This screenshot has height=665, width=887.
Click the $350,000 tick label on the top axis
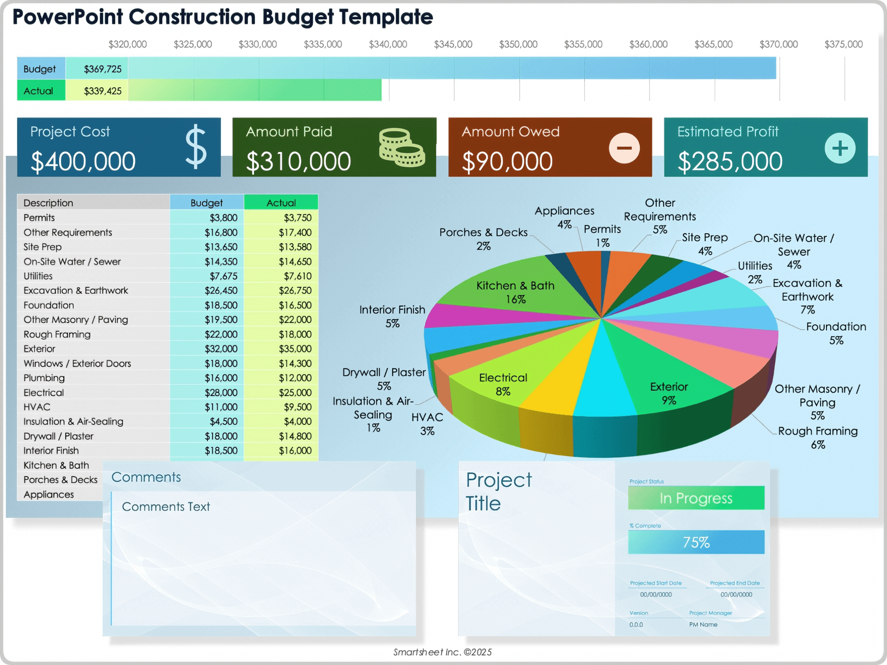point(518,44)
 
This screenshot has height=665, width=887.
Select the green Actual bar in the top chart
point(255,90)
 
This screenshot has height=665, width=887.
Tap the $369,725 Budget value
point(103,69)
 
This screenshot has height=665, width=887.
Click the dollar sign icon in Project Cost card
point(196,146)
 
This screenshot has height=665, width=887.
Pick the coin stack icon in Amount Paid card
point(401,147)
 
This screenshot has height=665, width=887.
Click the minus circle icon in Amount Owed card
point(624,148)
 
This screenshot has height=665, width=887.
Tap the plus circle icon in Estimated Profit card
point(840,148)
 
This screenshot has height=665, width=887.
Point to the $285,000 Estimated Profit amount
point(730,162)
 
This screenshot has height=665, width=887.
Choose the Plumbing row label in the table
point(44,378)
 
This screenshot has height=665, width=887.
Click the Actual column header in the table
point(281,203)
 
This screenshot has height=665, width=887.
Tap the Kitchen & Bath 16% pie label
point(515,292)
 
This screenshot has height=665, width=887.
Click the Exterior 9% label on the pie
point(668,393)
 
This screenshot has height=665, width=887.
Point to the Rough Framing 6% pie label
point(817,437)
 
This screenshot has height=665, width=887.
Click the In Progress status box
point(696,498)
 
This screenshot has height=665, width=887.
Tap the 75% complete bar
point(696,542)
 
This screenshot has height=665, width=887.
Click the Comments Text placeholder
point(166,507)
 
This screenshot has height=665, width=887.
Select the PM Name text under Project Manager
point(703,624)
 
